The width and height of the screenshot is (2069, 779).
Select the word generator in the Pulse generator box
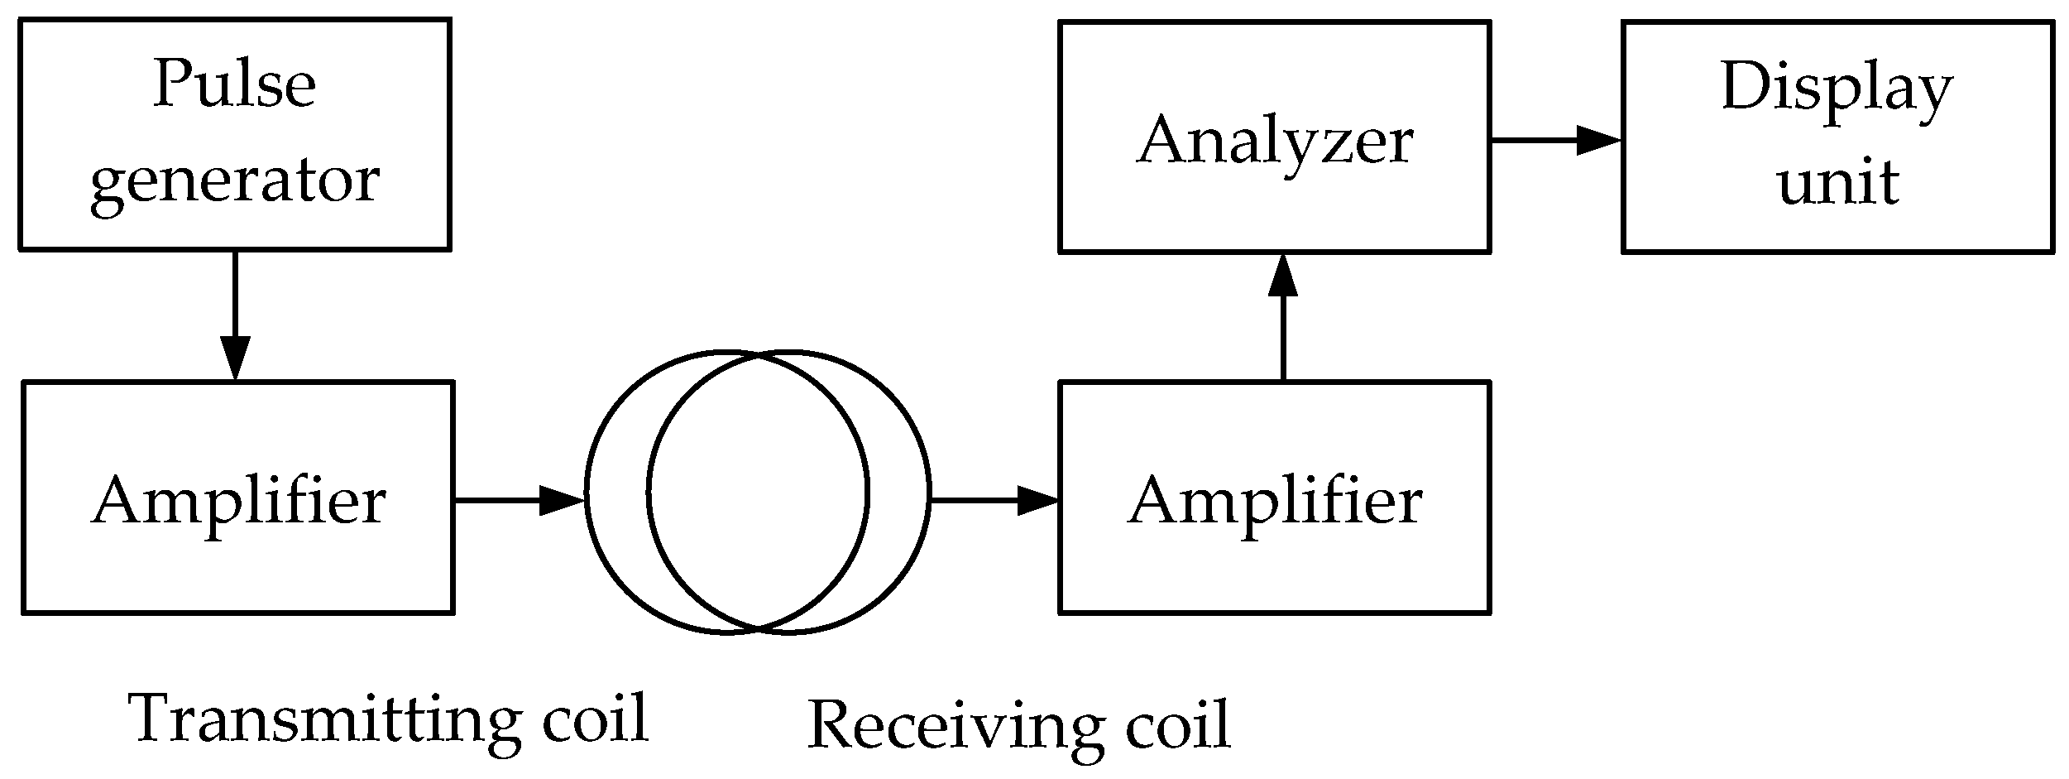pos(234,182)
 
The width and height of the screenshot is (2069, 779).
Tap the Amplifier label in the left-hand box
pos(238,502)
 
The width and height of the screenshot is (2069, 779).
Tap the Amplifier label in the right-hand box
pos(1274,502)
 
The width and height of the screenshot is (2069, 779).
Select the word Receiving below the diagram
pos(955,725)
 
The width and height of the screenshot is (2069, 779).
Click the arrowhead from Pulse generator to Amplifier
pos(235,358)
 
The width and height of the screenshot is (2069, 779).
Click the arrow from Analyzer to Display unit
pos(1555,140)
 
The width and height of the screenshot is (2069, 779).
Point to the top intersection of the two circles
pos(759,357)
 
